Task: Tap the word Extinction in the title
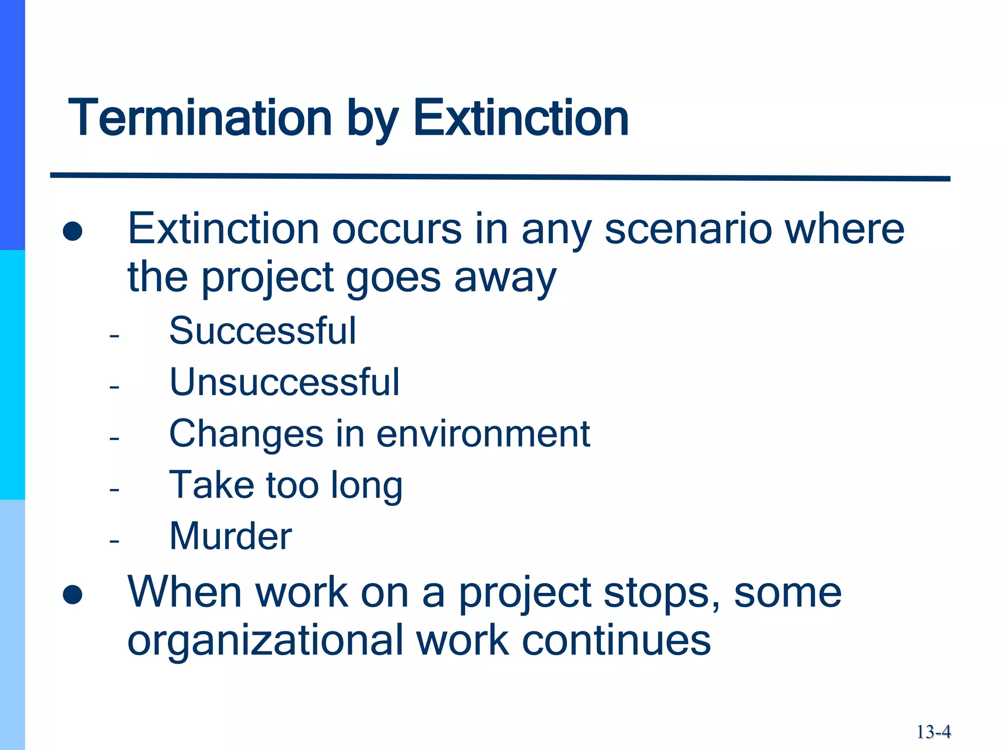(521, 118)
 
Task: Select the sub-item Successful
(262, 331)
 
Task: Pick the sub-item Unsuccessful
(284, 382)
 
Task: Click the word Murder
(231, 536)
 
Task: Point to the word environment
(483, 434)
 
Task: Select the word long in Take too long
(367, 486)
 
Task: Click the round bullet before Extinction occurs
(73, 231)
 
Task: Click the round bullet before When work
(73, 594)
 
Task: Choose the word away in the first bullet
(505, 278)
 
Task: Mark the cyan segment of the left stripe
(12, 375)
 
